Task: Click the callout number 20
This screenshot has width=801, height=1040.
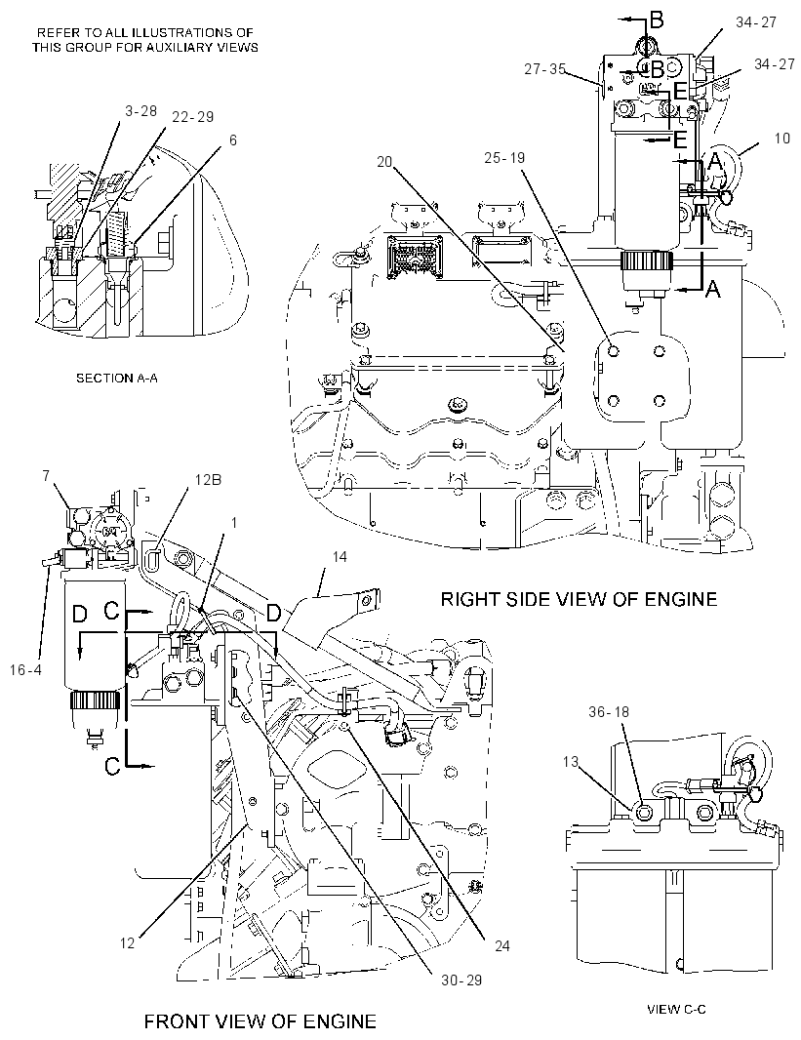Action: pyautogui.click(x=384, y=161)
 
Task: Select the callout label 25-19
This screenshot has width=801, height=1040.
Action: pyautogui.click(x=504, y=157)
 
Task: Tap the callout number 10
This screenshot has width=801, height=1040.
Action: pyautogui.click(x=781, y=138)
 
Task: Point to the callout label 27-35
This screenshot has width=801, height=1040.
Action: pyautogui.click(x=545, y=69)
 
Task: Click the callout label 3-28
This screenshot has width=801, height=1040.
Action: pyautogui.click(x=141, y=111)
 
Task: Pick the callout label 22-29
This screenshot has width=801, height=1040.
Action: pyautogui.click(x=192, y=117)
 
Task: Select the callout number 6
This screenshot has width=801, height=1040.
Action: pyautogui.click(x=233, y=140)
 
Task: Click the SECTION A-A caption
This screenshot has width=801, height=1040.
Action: pyautogui.click(x=117, y=379)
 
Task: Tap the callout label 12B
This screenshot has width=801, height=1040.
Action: pyautogui.click(x=207, y=479)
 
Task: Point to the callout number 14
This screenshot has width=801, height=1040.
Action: pyautogui.click(x=339, y=556)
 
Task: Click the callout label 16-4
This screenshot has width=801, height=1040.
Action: pyautogui.click(x=26, y=669)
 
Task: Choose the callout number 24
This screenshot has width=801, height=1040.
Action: pyautogui.click(x=501, y=945)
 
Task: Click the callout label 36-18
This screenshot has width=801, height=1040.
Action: pyautogui.click(x=609, y=711)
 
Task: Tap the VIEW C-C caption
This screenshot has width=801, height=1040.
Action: pyautogui.click(x=676, y=1010)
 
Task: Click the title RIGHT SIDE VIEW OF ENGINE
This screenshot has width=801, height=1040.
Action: pyautogui.click(x=579, y=600)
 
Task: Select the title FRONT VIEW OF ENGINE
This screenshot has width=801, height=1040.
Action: pyautogui.click(x=260, y=1021)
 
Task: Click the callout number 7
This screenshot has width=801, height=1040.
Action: pyautogui.click(x=46, y=477)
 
